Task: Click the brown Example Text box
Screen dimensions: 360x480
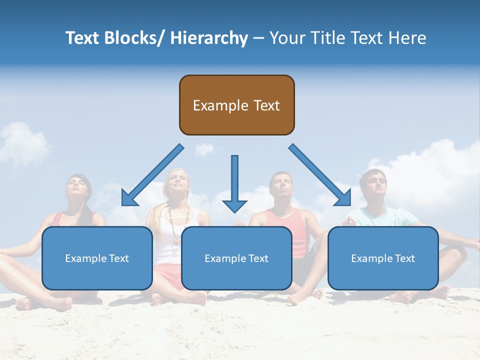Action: point(236,105)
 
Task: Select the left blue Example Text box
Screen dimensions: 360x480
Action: point(97,258)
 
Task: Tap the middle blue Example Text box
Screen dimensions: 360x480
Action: point(236,258)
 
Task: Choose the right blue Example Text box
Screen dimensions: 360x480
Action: point(383,258)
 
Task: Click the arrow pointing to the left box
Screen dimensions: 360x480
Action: point(150,177)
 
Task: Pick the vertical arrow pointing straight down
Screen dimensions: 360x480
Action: point(234,183)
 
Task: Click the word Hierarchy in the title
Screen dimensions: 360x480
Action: point(209,38)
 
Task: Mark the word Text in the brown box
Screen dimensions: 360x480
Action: point(265,105)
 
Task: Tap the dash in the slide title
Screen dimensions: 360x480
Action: point(258,38)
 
